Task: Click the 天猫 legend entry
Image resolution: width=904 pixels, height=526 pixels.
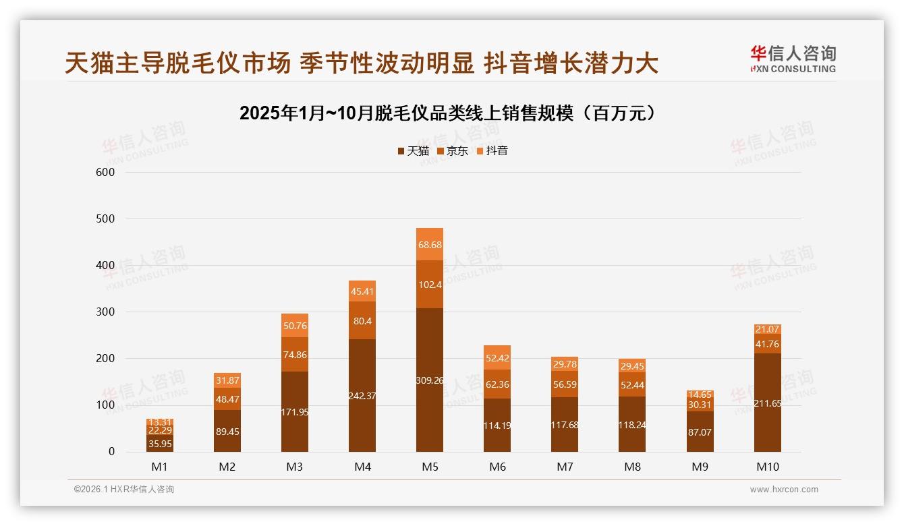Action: [x=413, y=151]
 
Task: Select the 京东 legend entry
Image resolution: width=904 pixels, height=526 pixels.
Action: [x=453, y=151]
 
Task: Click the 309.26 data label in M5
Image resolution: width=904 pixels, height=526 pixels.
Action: [x=430, y=380]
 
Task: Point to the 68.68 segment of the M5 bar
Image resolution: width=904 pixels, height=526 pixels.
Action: [x=430, y=245]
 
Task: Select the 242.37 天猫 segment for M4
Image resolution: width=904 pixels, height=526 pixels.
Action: [x=362, y=395]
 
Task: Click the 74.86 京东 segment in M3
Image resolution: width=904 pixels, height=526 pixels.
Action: [x=295, y=354]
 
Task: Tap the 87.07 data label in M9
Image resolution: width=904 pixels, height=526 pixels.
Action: [x=700, y=432]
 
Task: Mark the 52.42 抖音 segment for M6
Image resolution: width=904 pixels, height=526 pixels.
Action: [x=497, y=357]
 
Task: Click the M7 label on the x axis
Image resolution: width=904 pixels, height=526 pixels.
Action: [x=565, y=467]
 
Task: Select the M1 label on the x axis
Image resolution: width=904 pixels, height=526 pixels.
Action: [x=160, y=467]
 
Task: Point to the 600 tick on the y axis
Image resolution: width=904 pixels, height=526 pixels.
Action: [x=107, y=172]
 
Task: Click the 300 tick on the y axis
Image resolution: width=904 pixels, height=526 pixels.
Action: [x=107, y=312]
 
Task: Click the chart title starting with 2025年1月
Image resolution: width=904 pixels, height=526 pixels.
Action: [x=447, y=113]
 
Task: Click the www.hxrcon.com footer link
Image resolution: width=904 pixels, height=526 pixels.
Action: [x=784, y=490]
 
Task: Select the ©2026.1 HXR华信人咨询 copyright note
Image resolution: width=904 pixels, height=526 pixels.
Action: [x=124, y=490]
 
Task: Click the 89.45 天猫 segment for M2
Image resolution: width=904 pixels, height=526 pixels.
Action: [x=227, y=432]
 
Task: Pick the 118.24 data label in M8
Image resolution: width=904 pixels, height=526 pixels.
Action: [x=632, y=425]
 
